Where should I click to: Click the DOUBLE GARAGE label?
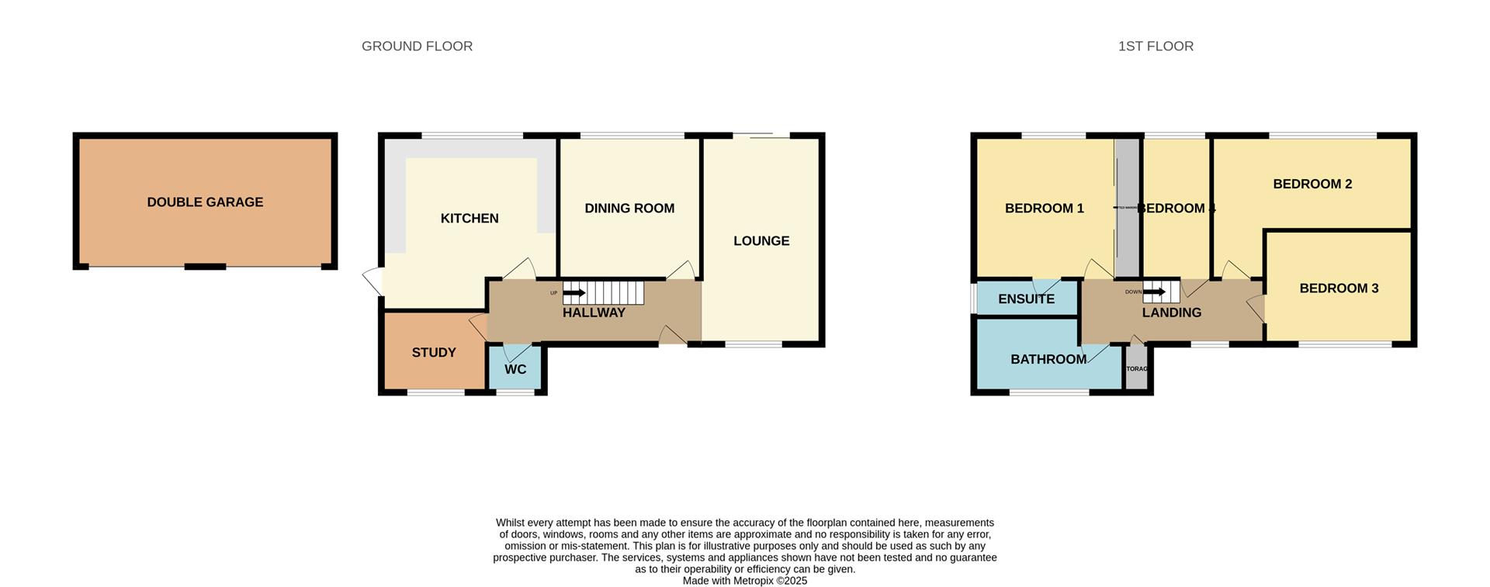[x=205, y=202]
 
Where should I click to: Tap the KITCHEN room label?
[x=470, y=219]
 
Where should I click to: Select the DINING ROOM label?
[x=629, y=209]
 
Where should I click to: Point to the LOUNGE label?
[x=761, y=241]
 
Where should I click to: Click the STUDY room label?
[x=434, y=353]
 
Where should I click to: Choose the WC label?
[x=515, y=370]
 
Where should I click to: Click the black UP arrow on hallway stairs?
[x=573, y=293]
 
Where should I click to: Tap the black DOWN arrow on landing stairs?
[x=1154, y=292]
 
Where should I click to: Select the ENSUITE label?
[x=1026, y=299]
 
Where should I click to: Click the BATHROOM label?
[x=1048, y=360]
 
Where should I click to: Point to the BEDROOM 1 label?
[x=1044, y=209]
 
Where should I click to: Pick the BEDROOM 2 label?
[x=1312, y=185]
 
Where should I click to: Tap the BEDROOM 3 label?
[x=1339, y=288]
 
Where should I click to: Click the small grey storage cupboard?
[x=1136, y=369]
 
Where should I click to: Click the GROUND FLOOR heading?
[x=417, y=47]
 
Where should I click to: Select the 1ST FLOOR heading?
[x=1156, y=47]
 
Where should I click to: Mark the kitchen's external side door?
[x=374, y=281]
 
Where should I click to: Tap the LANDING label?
[x=1171, y=313]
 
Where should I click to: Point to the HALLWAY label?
[x=594, y=313]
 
